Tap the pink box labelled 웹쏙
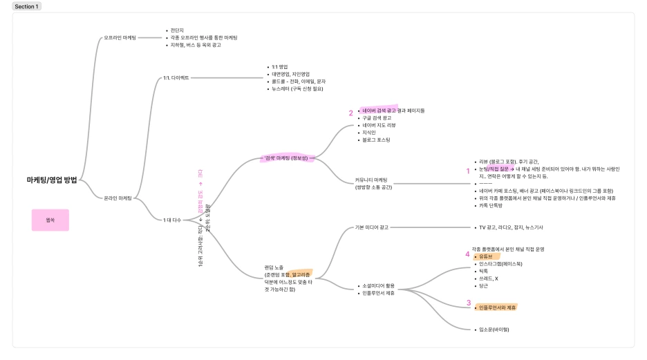[x=50, y=220]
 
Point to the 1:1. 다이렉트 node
[x=176, y=78]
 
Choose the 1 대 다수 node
[x=171, y=220]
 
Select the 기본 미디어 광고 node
[x=371, y=227]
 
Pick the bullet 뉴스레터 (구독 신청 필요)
[x=297, y=88]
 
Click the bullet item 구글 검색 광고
[x=376, y=118]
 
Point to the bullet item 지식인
[x=369, y=132]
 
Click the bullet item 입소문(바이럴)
[x=494, y=330]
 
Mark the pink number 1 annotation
[x=468, y=170]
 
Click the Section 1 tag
[x=27, y=6]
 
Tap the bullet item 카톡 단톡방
[x=491, y=205]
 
